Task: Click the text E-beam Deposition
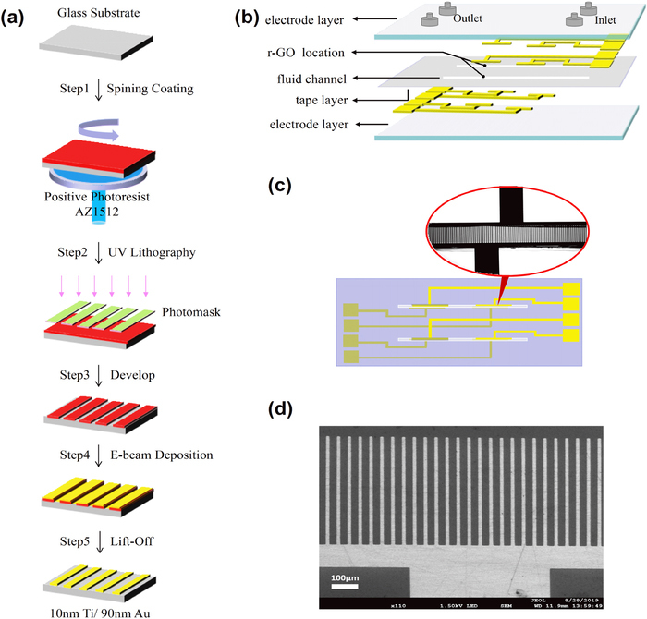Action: pos(161,454)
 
